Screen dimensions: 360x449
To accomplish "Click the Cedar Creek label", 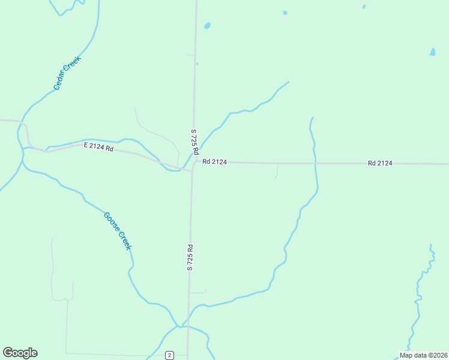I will (67, 73).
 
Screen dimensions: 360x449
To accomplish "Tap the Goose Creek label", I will (118, 231).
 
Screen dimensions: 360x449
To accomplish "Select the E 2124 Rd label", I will (98, 146).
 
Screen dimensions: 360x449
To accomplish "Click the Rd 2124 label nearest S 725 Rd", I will (214, 161).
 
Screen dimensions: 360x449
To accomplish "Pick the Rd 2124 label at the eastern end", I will (380, 163).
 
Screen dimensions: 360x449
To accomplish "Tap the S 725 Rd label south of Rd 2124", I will (190, 257).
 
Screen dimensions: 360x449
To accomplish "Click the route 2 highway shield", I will (170, 355).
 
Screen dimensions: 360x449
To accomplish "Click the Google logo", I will (20, 353).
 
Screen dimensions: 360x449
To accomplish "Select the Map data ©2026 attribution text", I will (423, 355).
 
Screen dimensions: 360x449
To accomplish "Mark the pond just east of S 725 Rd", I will (207, 26).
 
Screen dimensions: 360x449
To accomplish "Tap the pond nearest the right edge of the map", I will (432, 52).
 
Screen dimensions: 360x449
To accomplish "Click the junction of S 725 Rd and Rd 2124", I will (193, 163).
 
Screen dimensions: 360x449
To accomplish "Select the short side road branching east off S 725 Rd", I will (199, 292).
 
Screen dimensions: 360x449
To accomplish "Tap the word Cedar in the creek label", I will (61, 82).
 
